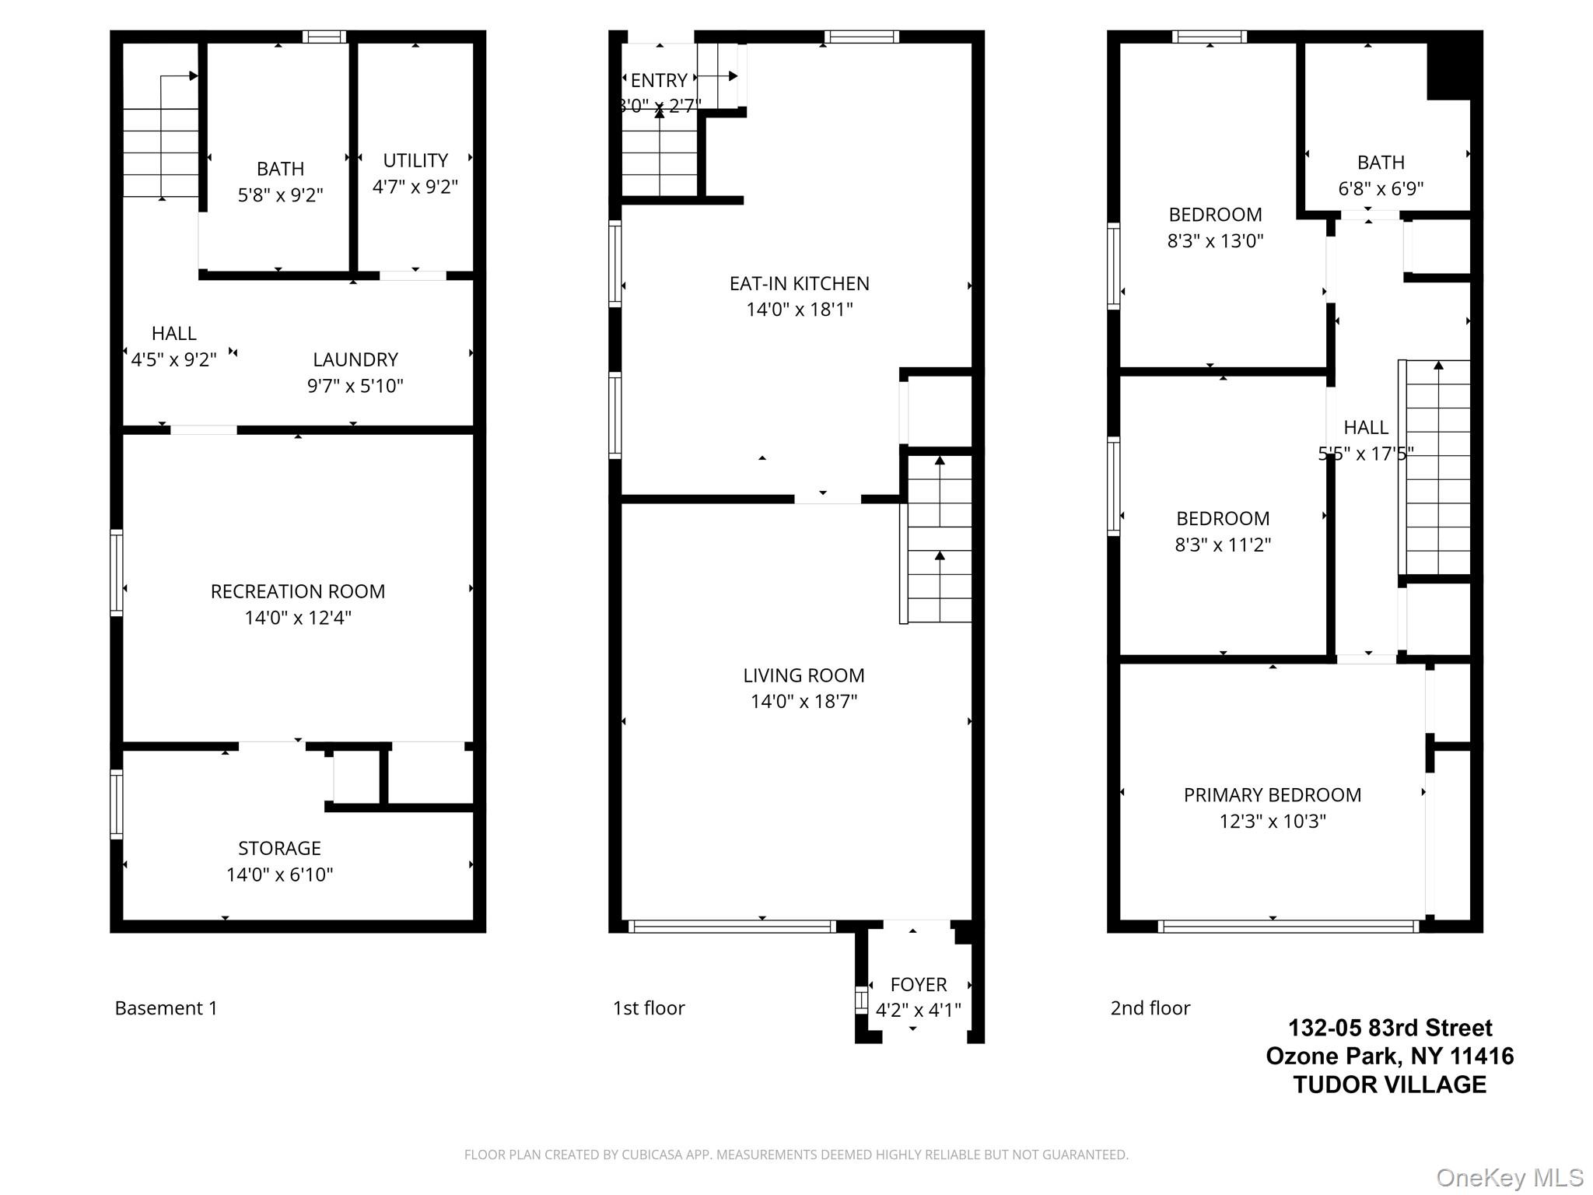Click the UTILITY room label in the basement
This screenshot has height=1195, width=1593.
pyautogui.click(x=415, y=160)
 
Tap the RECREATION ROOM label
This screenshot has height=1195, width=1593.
pyautogui.click(x=298, y=591)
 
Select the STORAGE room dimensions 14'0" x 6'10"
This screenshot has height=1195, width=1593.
pyautogui.click(x=280, y=874)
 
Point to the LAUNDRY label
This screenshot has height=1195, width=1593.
pyautogui.click(x=355, y=359)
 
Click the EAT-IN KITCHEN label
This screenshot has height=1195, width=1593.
pyautogui.click(x=800, y=284)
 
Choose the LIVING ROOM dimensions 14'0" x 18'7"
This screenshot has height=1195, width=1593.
pyautogui.click(x=804, y=702)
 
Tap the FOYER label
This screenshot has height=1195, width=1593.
pyautogui.click(x=919, y=985)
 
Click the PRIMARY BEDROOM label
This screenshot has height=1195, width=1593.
pyautogui.click(x=1273, y=795)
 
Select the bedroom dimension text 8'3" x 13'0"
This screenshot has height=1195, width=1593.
pyautogui.click(x=1216, y=241)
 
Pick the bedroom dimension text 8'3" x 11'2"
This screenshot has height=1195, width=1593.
pyautogui.click(x=1223, y=545)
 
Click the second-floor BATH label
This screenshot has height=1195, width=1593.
pyautogui.click(x=1381, y=163)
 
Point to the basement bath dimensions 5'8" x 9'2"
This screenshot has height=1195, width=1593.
pyautogui.click(x=280, y=194)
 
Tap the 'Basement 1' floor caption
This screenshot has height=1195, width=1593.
pyautogui.click(x=166, y=1008)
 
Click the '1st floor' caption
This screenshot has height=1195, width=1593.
pyautogui.click(x=649, y=1008)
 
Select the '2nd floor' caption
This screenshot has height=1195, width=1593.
pyautogui.click(x=1150, y=1008)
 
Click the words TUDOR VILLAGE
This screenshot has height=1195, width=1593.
pyautogui.click(x=1390, y=1085)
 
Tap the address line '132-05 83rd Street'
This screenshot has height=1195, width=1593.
pyautogui.click(x=1390, y=1029)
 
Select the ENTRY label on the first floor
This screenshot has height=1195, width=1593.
pyautogui.click(x=659, y=81)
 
